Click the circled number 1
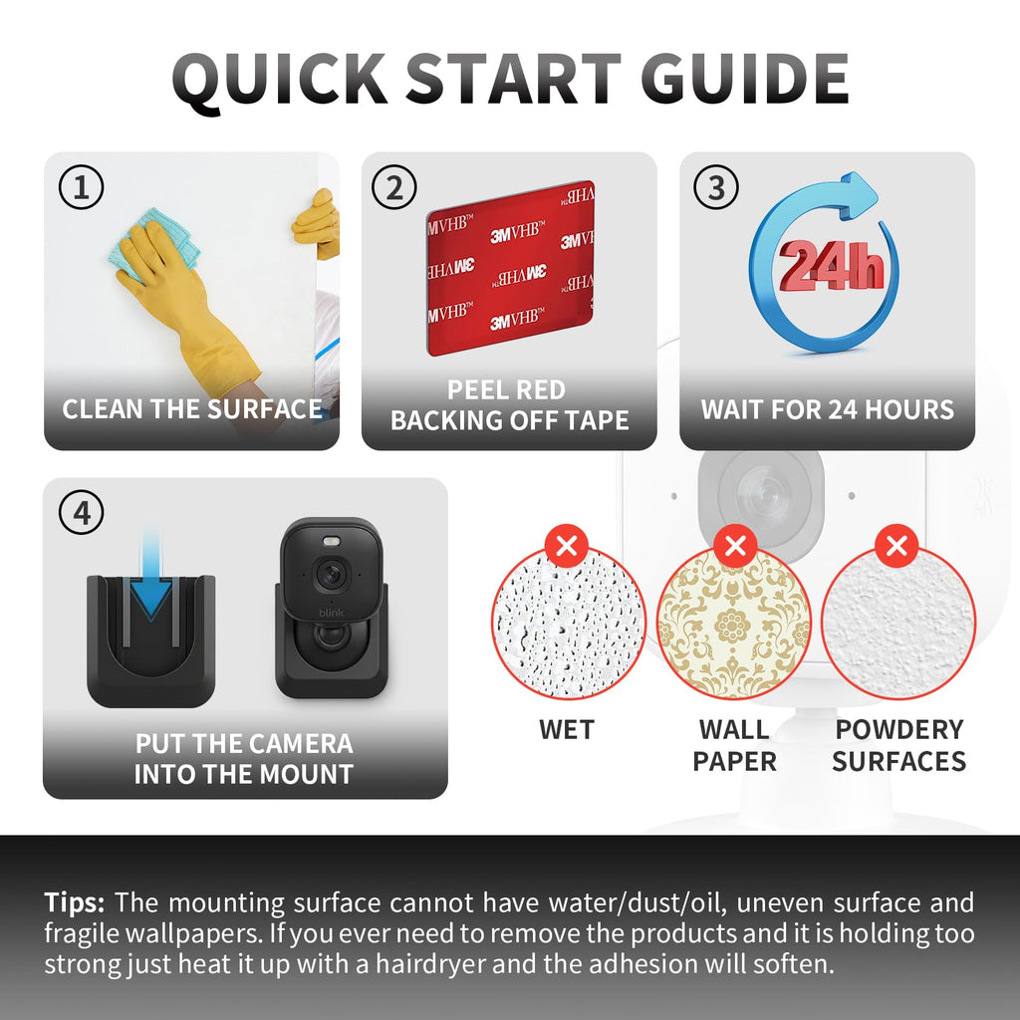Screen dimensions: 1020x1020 point(82,187)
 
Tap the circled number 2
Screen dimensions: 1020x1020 point(394,187)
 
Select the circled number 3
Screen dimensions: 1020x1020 point(715,187)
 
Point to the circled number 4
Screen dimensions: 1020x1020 point(82,513)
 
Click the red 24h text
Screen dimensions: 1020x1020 point(832,265)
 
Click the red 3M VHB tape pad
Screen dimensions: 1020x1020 point(511,268)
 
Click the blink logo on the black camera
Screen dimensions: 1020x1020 point(331,613)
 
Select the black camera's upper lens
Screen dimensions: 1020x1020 point(331,575)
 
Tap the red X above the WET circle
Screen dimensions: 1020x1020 point(567,546)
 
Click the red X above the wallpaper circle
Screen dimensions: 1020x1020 point(735,546)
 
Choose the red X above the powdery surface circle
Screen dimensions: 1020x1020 point(896,546)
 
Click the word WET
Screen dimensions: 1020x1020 point(567,730)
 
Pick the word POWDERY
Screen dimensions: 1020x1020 point(899,730)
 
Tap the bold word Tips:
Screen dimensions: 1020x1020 point(74,903)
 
